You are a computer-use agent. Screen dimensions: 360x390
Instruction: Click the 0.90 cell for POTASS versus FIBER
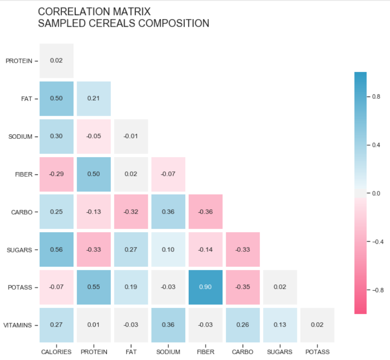pyautogui.click(x=206, y=287)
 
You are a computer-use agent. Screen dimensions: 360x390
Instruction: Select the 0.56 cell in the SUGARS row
pyautogui.click(x=56, y=250)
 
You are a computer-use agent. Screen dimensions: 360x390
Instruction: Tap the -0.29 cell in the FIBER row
pyautogui.click(x=56, y=174)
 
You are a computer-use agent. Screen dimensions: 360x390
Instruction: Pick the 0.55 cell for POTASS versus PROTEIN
pyautogui.click(x=93, y=287)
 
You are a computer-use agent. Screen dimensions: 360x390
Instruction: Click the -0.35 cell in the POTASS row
pyautogui.click(x=243, y=287)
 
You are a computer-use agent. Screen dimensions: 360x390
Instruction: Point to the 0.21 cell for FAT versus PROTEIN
pyautogui.click(x=93, y=98)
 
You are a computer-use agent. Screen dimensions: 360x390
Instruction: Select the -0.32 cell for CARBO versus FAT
pyautogui.click(x=131, y=212)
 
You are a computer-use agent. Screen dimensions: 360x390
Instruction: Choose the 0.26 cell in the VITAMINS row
pyautogui.click(x=243, y=325)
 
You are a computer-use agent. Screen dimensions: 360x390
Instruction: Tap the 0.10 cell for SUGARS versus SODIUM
pyautogui.click(x=168, y=250)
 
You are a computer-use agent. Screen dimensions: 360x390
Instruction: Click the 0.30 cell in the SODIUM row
pyautogui.click(x=56, y=136)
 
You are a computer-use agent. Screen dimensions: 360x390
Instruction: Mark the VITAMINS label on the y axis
pyautogui.click(x=18, y=325)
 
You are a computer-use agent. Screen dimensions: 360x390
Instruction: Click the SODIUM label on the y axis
pyautogui.click(x=20, y=137)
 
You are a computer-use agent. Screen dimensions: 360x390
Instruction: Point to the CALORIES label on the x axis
pyautogui.click(x=56, y=352)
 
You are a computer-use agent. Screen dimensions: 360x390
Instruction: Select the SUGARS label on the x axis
pyautogui.click(x=280, y=352)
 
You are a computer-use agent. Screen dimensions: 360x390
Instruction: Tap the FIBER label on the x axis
pyautogui.click(x=206, y=352)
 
